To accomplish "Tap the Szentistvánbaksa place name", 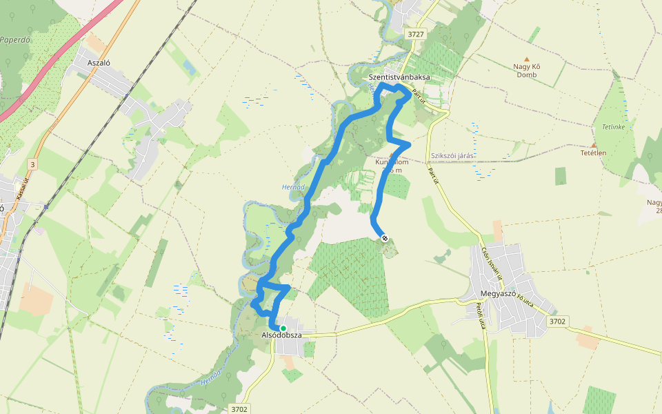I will click(x=399, y=77).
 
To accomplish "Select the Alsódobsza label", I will click(x=282, y=335).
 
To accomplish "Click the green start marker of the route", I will click(x=283, y=328).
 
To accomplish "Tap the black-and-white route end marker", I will click(x=385, y=238).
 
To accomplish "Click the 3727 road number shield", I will click(x=416, y=34).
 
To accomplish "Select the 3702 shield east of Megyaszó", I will click(x=557, y=321).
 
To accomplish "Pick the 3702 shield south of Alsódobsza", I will click(x=239, y=409).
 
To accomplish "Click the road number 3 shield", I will click(x=32, y=164).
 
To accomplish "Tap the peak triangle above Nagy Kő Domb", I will click(x=527, y=59).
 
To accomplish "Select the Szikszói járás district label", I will click(x=451, y=156).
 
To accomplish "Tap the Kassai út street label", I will click(x=28, y=187).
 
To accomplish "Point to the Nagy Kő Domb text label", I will click(x=527, y=70).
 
